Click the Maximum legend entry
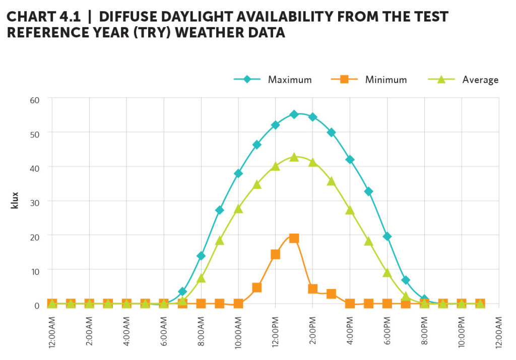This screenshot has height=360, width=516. (289, 80)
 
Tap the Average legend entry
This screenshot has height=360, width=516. (480, 80)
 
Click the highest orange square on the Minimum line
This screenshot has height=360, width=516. (294, 238)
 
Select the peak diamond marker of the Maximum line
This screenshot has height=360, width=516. (294, 115)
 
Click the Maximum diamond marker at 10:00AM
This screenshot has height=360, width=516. (238, 174)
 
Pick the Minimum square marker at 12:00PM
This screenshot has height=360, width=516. (276, 254)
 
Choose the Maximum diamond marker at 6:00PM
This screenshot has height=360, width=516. (387, 237)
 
